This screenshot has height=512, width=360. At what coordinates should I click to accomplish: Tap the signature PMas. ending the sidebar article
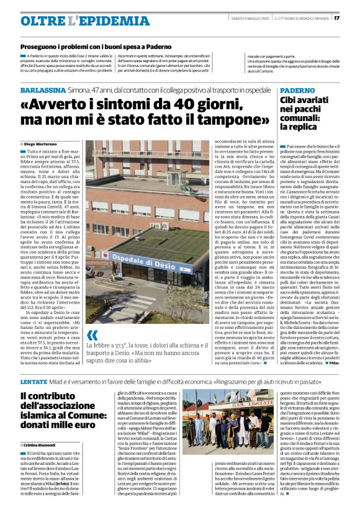point(346,362)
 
